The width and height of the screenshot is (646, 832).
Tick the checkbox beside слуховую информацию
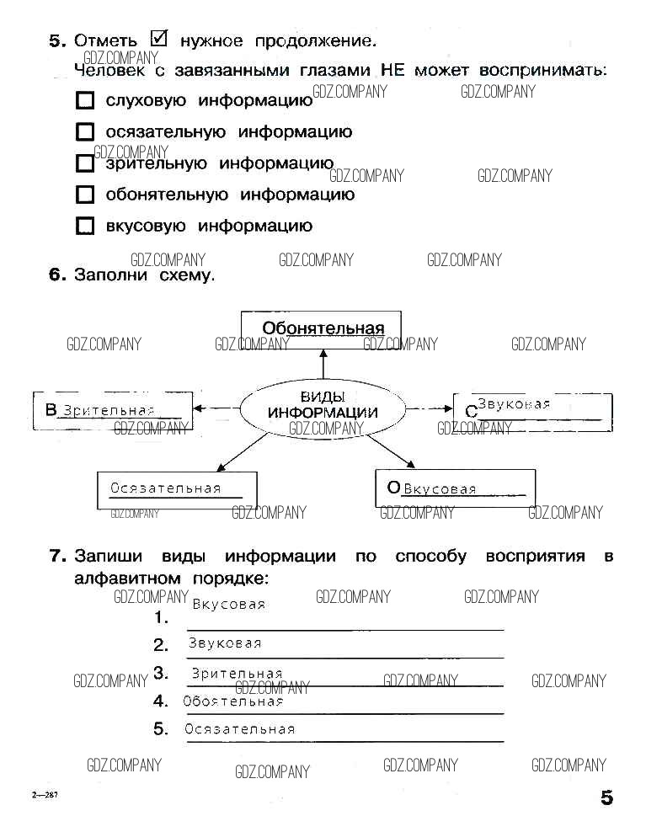coord(84,101)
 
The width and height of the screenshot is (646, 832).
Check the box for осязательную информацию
coord(84,132)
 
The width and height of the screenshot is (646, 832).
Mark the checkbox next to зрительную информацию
coord(84,164)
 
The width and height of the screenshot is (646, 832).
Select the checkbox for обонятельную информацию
coord(84,195)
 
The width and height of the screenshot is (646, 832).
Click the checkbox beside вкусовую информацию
coord(84,226)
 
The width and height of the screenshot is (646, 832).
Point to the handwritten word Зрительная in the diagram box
coord(109,411)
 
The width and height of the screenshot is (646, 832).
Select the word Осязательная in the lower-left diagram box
coord(165,488)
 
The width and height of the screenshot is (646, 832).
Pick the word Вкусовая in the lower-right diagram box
coord(440,489)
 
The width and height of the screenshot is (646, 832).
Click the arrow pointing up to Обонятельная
coord(322,363)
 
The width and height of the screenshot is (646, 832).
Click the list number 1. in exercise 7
coord(161,618)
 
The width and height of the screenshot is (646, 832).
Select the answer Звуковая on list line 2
coord(225,643)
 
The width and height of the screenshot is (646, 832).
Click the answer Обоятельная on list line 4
coord(232,701)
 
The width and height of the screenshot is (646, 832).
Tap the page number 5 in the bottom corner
coord(606,797)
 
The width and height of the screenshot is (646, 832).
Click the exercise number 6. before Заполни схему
coord(57,275)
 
